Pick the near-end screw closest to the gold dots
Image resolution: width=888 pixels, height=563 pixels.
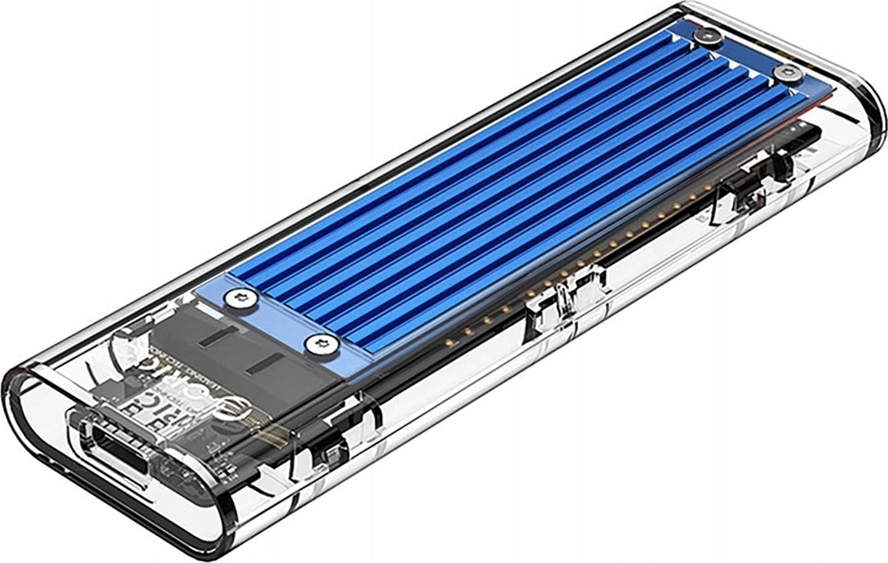point(320,344)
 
